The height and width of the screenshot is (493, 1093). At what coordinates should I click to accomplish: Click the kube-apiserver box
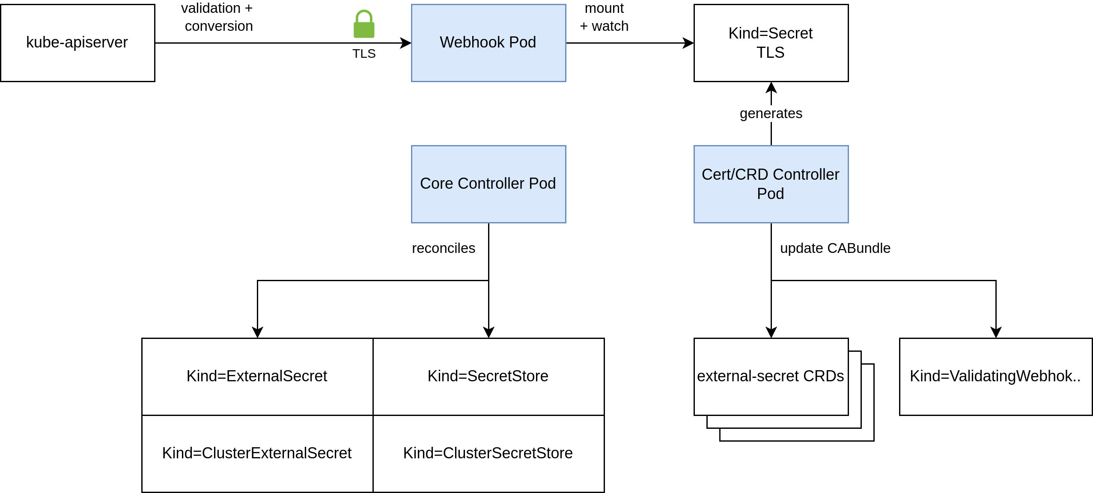(x=77, y=43)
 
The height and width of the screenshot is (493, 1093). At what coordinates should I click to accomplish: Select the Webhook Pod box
(x=488, y=43)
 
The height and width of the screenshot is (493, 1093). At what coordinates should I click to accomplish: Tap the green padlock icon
(x=364, y=24)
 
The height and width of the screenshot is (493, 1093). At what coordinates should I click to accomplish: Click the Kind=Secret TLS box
(x=771, y=43)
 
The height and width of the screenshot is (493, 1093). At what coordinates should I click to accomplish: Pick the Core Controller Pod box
(x=488, y=184)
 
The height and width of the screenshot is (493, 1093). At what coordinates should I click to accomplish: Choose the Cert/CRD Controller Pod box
(x=771, y=184)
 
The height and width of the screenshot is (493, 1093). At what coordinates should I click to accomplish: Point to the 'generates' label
(x=771, y=113)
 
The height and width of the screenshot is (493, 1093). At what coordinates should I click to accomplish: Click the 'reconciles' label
(x=444, y=248)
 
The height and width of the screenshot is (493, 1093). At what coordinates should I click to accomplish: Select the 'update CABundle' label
(x=835, y=248)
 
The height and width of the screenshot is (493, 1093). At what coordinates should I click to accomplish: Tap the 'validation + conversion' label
(x=218, y=17)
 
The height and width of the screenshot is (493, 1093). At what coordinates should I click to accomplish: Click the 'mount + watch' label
(x=604, y=17)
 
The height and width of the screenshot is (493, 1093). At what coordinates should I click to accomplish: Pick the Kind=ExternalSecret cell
(x=257, y=377)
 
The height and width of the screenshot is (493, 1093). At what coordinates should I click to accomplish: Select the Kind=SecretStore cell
(x=488, y=377)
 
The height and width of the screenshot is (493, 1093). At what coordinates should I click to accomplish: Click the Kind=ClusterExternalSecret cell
(x=257, y=454)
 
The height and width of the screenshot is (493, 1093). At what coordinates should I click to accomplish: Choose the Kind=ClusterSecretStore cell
(x=488, y=454)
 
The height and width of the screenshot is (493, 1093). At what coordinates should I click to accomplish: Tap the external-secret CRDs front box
(x=771, y=377)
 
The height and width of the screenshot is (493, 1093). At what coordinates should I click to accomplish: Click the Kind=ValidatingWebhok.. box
(x=995, y=377)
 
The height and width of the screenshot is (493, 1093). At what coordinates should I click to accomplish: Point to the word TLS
(x=771, y=53)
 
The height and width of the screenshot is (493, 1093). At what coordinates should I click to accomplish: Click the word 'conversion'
(x=219, y=26)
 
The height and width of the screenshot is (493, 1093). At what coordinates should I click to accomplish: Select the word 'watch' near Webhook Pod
(x=610, y=26)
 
